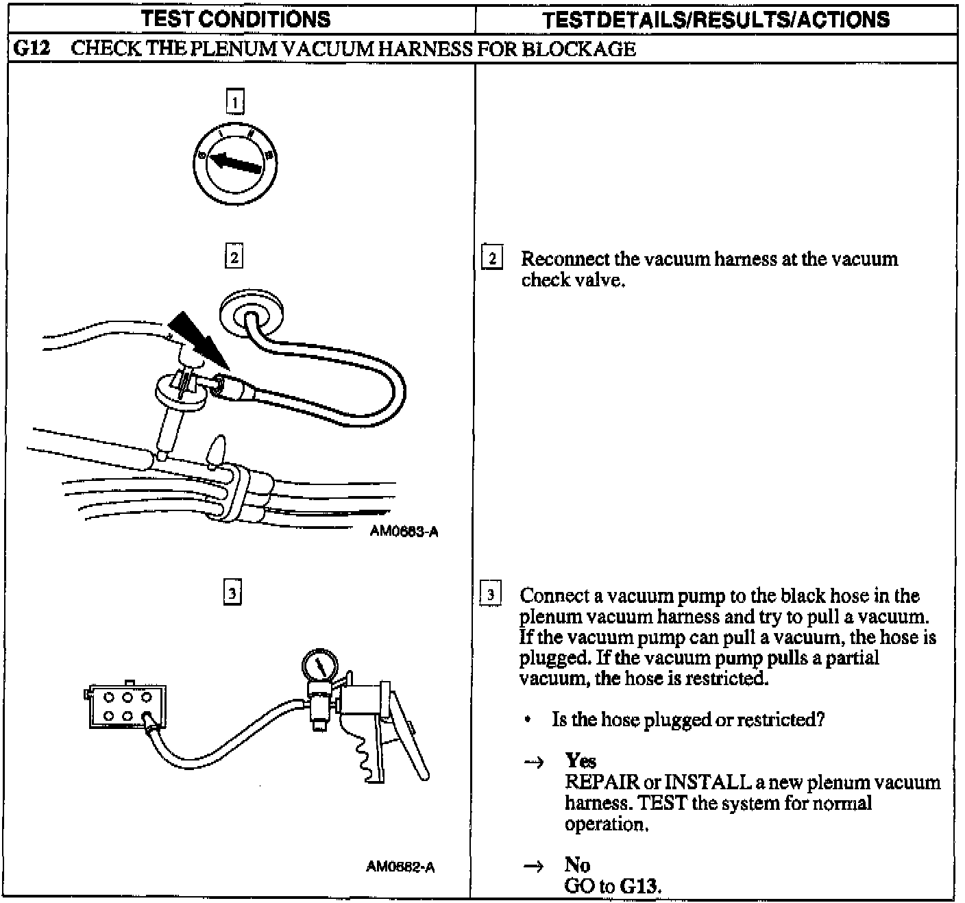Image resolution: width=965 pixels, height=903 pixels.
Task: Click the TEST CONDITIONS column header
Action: pos(236,19)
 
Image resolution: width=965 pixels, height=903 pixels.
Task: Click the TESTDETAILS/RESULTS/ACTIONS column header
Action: pos(716,19)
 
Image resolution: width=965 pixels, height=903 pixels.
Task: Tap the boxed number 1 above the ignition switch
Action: pos(234,103)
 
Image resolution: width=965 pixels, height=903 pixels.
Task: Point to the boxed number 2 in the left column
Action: pos(234,258)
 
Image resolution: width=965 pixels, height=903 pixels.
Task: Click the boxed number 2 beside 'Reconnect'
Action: pos(491,260)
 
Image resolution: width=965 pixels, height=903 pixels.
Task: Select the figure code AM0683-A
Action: pos(404,532)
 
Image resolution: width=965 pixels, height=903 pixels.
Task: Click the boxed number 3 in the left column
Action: pos(233,592)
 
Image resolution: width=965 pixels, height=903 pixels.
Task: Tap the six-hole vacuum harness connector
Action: pos(125,706)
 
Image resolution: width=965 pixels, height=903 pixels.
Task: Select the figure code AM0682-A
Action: pos(400,867)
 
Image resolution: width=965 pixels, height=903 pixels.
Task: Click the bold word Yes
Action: pos(581,760)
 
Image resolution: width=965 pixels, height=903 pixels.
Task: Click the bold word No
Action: pos(577,865)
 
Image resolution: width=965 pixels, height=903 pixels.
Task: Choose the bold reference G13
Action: pos(639,886)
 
